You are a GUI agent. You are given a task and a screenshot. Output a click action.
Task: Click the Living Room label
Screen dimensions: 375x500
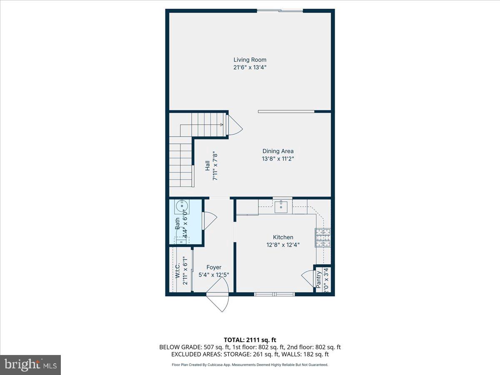pos(250,60)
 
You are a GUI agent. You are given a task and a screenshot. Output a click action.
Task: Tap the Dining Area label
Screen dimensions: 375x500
pos(278,151)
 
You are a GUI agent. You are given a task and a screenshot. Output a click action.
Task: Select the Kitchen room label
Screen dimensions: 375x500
pos(283,237)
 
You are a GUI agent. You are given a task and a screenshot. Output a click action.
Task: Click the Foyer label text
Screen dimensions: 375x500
pos(214,267)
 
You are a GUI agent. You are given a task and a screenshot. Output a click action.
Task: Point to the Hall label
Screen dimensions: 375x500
pos(207,166)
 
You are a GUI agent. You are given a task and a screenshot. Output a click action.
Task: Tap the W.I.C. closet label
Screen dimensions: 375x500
pos(178,271)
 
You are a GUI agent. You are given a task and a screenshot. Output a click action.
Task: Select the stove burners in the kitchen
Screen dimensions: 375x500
pos(323,237)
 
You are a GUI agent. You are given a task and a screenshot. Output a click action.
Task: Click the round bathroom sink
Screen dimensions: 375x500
pos(182,206)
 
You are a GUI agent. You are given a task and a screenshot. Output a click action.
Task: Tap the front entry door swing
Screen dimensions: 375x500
pos(218,299)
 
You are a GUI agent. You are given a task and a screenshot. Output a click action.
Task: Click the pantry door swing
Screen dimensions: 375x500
pos(307,278)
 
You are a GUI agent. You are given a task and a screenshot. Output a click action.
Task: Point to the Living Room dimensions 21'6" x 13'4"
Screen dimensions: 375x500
pos(250,67)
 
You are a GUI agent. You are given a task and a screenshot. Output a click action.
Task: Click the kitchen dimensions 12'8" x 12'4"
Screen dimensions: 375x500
pos(283,245)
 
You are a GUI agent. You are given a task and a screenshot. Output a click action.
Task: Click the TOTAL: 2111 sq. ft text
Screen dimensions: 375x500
pos(250,340)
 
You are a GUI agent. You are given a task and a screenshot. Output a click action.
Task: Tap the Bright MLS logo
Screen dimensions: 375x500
pos(30,365)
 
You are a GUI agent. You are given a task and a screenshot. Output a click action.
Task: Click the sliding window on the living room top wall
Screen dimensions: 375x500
pos(279,10)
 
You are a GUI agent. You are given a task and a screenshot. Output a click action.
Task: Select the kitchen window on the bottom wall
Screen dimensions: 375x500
pos(275,294)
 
